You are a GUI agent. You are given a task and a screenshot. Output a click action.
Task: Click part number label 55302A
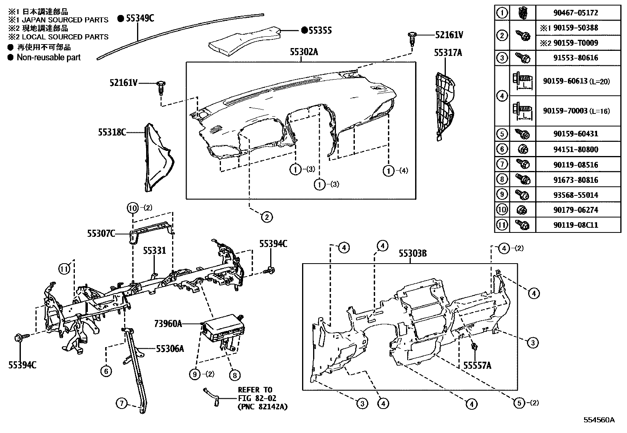304,52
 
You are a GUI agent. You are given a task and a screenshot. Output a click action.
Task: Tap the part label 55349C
140,18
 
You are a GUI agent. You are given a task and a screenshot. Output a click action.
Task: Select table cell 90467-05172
577,13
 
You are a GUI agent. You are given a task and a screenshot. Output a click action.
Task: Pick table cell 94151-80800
577,149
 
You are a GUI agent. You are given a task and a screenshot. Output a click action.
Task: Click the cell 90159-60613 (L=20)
577,81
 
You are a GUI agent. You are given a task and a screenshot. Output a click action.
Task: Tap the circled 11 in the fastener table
502,225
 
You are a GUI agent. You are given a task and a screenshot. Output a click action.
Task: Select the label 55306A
170,348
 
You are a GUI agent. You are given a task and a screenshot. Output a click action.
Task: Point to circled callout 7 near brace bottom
122,403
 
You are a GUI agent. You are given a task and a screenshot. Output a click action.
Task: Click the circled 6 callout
106,371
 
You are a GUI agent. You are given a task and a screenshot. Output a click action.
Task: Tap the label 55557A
477,366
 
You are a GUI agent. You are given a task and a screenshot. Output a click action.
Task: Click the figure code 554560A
599,420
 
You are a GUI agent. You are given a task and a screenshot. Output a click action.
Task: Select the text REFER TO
255,390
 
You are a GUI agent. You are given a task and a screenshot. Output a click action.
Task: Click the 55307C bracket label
101,234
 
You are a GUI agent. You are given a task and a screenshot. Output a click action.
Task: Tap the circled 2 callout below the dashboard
267,217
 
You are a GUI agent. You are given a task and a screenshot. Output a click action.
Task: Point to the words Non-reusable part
48,58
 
